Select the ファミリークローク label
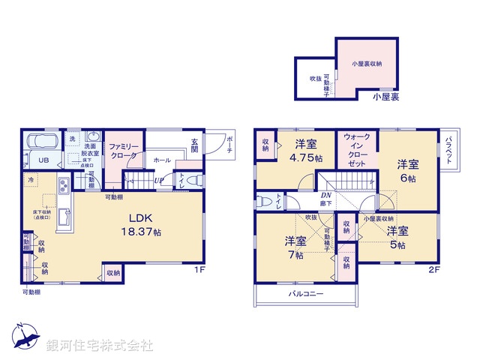[x=121, y=151]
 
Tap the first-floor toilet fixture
[x=191, y=180]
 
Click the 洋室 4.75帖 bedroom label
[x=306, y=151]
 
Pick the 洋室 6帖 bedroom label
[x=407, y=170]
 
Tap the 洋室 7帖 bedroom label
[x=295, y=247]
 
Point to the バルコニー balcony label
[x=307, y=295]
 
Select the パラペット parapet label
[x=448, y=151]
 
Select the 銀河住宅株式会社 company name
[x=100, y=346]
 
